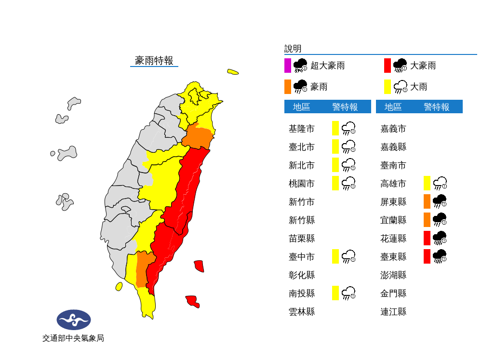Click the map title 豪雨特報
[154, 60]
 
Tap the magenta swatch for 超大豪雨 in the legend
[287, 66]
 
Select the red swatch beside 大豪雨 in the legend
[387, 66]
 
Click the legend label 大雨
[419, 87]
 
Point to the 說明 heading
[293, 49]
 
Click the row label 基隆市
[301, 129]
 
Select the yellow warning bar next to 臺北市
[335, 147]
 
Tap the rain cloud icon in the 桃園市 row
[348, 183]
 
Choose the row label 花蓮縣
[393, 238]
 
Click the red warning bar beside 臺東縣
[427, 256]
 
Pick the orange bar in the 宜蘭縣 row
[427, 220]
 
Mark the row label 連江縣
[393, 311]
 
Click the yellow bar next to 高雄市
[427, 183]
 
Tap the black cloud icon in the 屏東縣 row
[440, 201]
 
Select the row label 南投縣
[301, 293]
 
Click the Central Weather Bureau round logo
[74, 320]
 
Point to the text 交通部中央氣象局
[73, 338]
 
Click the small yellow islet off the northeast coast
[233, 72]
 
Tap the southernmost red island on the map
[193, 301]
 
